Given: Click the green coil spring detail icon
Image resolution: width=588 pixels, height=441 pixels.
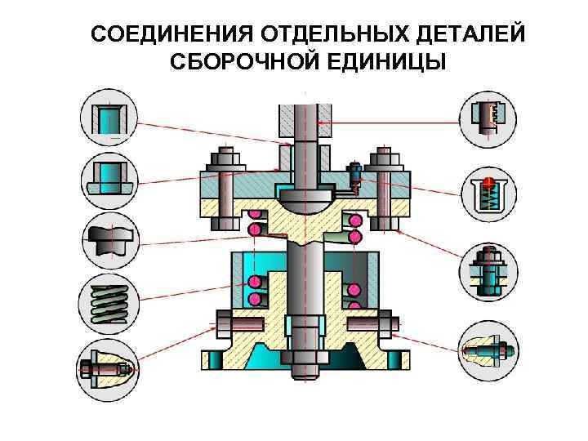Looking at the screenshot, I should tap(109, 303).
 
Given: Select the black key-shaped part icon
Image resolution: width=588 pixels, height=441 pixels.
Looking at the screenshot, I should tap(109, 239).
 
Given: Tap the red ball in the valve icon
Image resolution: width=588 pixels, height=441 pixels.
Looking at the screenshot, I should tap(488, 181).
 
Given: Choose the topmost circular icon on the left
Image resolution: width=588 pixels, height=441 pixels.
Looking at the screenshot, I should tap(109, 117).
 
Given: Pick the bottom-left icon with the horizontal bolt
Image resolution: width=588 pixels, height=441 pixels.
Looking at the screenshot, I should tap(109, 367).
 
